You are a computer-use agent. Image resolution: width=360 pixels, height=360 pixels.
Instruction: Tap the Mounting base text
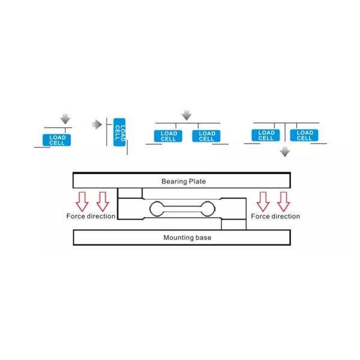coord(187,238)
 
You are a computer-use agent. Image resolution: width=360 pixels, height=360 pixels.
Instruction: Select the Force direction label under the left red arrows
coord(91,216)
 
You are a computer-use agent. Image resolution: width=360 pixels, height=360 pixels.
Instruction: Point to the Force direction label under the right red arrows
coord(275,216)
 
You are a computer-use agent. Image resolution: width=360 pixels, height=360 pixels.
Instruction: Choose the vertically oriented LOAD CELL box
coord(120,131)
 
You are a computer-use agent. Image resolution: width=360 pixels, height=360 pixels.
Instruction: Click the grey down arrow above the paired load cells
coord(187,115)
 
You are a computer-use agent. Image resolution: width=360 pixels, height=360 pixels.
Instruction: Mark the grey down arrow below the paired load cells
coord(285,152)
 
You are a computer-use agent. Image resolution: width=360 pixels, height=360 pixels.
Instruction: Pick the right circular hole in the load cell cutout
coord(208,208)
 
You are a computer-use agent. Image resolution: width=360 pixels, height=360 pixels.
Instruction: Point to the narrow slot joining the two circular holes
coord(182,208)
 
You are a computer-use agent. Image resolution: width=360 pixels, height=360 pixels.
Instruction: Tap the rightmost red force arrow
coord(284,200)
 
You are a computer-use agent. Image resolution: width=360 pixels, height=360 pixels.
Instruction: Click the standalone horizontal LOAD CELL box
coord(57,140)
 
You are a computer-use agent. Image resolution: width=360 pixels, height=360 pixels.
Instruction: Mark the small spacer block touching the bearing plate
coord(130,193)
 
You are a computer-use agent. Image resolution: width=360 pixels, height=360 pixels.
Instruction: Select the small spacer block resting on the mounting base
coord(233,224)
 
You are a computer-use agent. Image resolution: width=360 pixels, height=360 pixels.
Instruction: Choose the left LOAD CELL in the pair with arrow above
coord(167,136)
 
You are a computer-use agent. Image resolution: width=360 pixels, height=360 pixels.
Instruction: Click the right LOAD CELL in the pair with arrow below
coord(304,135)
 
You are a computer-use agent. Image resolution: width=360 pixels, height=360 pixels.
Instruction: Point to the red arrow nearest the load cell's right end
coord(263,200)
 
